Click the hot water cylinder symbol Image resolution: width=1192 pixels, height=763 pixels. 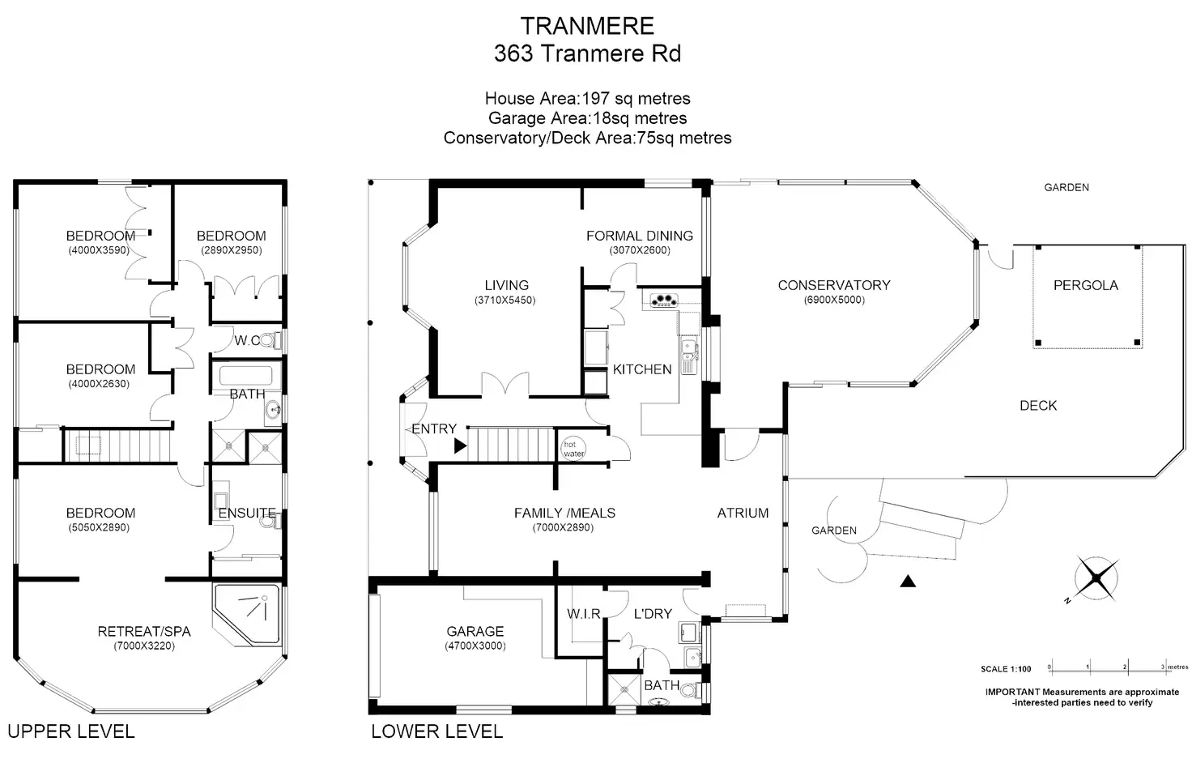pos(573,449)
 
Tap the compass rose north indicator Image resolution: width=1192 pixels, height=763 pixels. pos(1096,578)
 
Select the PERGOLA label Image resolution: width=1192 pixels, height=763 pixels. pos(1086,285)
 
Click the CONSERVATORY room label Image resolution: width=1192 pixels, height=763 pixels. pos(834,285)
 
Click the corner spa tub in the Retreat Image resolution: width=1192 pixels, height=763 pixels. pos(246,615)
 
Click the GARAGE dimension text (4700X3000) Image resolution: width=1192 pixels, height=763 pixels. pos(475,646)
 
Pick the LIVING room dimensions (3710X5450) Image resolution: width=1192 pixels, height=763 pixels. pos(505,300)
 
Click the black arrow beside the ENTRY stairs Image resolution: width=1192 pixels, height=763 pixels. pos(460,446)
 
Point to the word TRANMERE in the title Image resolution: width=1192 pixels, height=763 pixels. pos(587,26)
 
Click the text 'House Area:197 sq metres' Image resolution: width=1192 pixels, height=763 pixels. pos(587,99)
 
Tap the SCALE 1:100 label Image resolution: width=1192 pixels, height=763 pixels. pos(1006,669)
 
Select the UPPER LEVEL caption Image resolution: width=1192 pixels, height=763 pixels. pos(71,731)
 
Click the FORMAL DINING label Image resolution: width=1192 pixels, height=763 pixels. pos(640,236)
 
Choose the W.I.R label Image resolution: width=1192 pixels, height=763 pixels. pos(584,614)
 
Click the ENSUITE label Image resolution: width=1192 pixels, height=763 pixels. pos(247,513)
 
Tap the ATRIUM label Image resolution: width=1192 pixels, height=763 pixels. pos(743,513)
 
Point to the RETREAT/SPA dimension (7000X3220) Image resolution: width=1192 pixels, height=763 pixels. pos(143,646)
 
